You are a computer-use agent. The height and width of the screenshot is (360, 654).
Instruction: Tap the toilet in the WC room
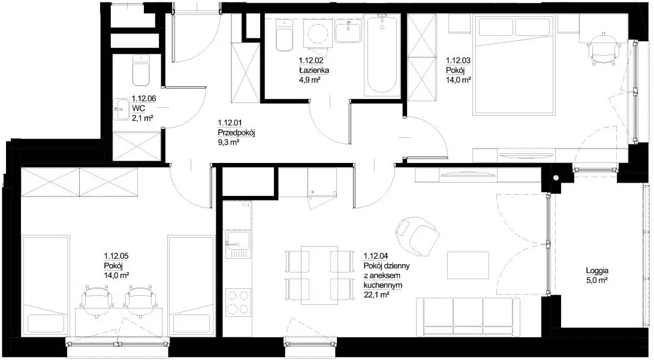140,69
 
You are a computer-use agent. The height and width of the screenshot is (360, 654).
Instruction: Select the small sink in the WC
121,109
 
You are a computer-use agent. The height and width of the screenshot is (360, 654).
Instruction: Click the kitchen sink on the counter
238,244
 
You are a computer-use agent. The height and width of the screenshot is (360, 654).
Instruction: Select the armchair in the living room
417,234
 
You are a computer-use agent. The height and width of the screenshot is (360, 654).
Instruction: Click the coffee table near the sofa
468,265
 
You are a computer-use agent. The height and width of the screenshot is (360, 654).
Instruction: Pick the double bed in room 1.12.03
515,65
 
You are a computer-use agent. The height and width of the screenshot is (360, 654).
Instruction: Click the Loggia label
597,270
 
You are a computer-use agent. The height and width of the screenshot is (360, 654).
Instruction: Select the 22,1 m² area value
376,295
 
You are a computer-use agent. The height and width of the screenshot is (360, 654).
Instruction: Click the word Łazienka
314,70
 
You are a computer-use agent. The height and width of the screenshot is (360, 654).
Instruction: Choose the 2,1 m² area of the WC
143,118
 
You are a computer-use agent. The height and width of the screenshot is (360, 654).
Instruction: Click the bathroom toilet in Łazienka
285,35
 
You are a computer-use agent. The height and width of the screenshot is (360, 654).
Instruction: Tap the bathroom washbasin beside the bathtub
348,32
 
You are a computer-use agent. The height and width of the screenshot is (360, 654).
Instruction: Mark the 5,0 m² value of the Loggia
597,280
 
